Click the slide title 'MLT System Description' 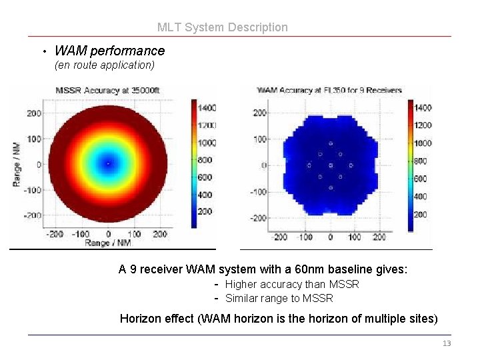pos(223,27)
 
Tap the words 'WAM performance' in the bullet pos(109,51)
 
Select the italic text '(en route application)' pos(105,65)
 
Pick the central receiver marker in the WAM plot pos(330,165)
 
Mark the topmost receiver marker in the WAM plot pos(330,143)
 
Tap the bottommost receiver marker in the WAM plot pos(330,187)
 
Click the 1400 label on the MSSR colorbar pos(207,107)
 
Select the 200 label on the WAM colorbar pos(421,215)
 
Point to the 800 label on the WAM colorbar pos(421,161)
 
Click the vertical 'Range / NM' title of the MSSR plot pos(17,164)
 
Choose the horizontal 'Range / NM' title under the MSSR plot pos(107,243)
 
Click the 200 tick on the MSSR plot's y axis pos(34,113)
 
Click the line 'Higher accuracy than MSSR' pos(292,285)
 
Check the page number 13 pos(447,343)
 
